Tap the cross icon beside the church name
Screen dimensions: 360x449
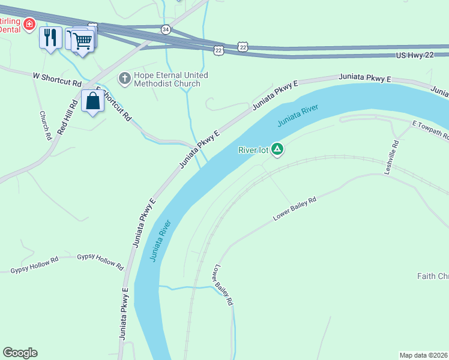tap(125, 78)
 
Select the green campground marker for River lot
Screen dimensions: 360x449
tap(277, 148)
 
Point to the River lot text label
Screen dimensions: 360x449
tap(253, 150)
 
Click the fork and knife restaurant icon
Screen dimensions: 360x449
tap(50, 38)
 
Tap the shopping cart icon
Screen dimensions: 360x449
tap(83, 41)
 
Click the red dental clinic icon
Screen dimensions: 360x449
tap(28, 23)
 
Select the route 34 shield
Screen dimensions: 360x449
tap(166, 29)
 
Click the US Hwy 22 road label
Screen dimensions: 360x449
tap(418, 55)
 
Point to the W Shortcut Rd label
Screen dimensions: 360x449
tap(56, 78)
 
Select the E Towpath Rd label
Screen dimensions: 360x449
tap(430, 130)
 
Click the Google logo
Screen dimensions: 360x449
tap(20, 353)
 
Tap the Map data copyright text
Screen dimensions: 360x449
tap(423, 355)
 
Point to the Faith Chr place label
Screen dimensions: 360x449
tap(433, 276)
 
